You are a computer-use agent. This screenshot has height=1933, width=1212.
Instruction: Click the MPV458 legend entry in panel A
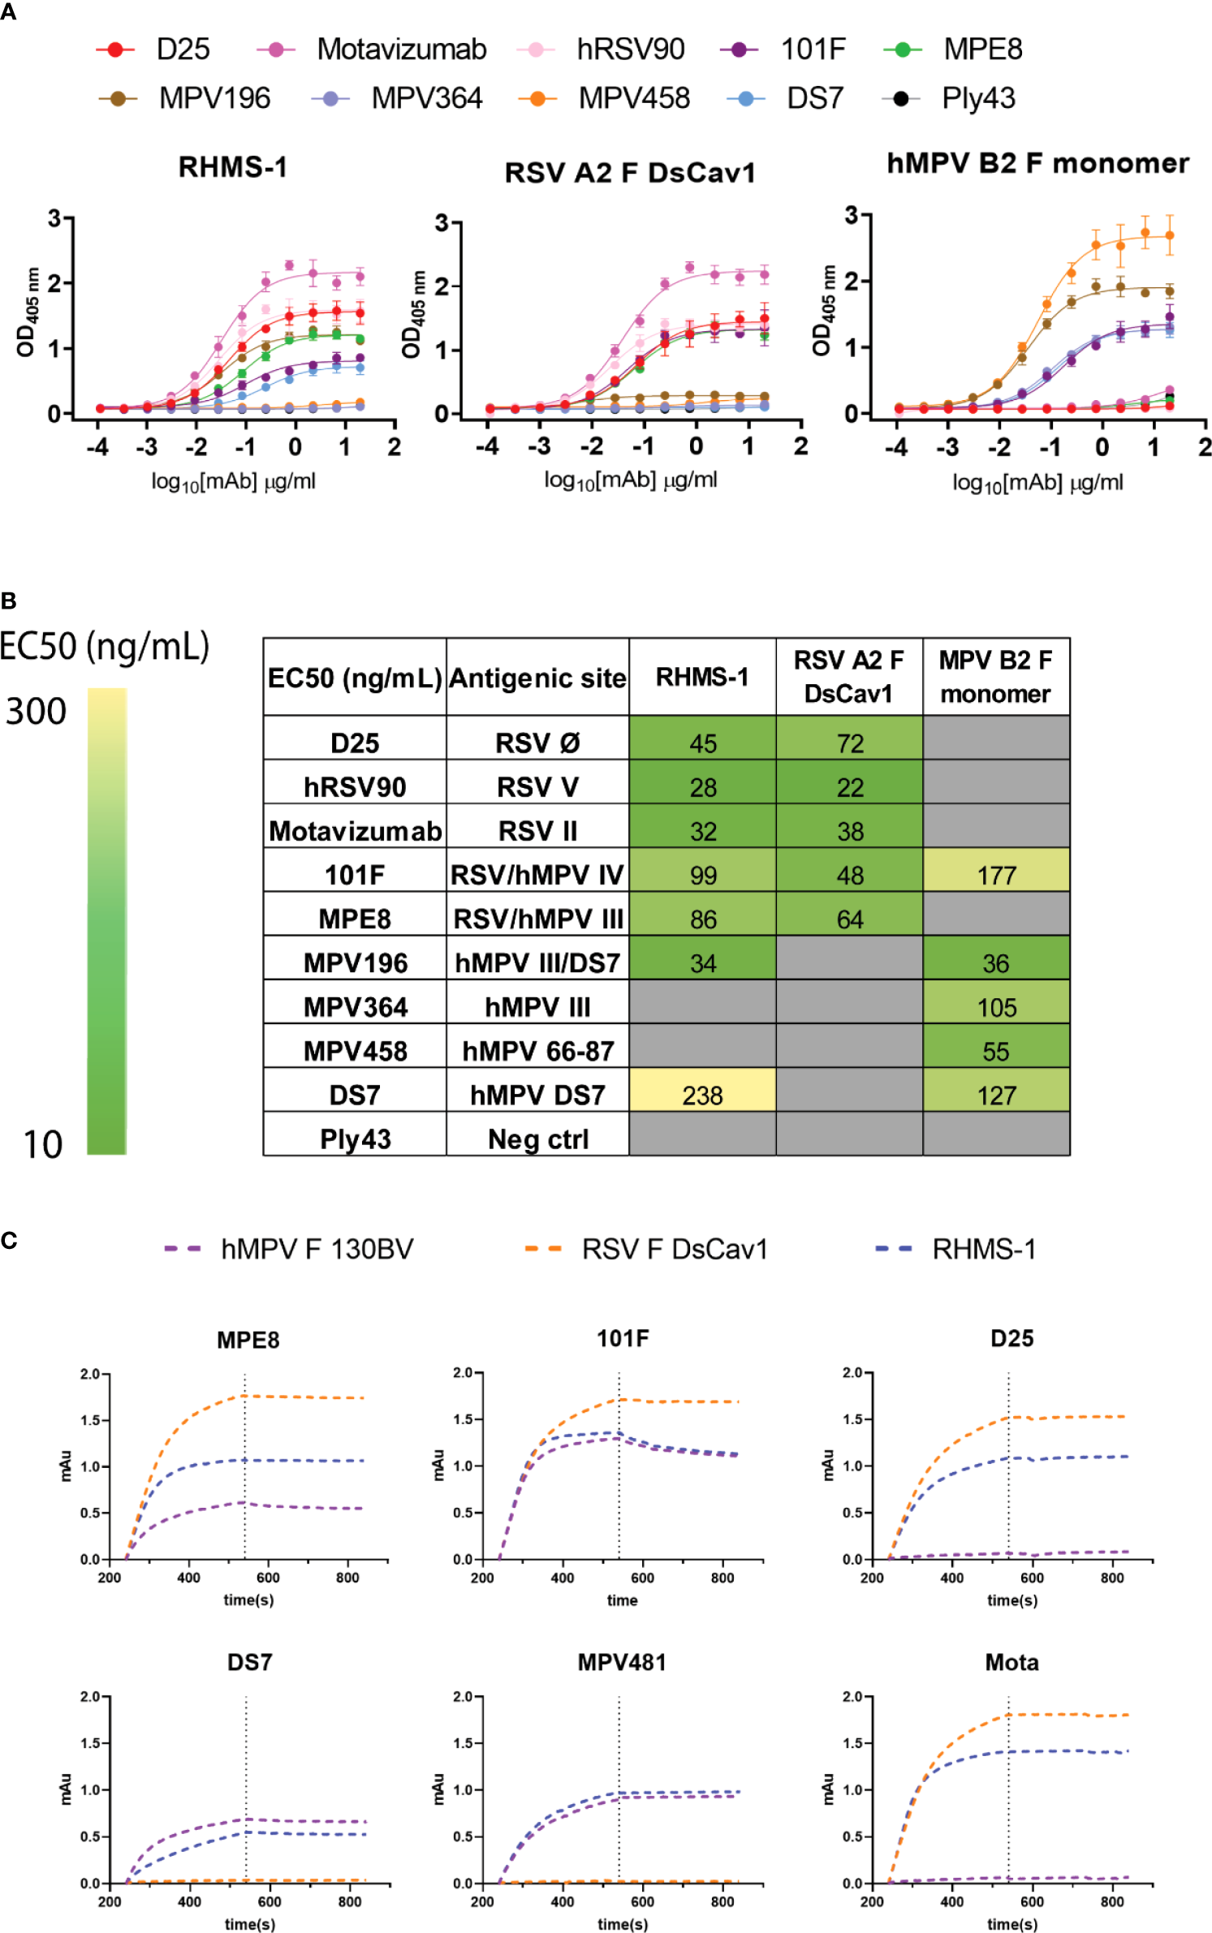point(633,98)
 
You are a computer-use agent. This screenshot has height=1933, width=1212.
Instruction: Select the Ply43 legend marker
point(899,98)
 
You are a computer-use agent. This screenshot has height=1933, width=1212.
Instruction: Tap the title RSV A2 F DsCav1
point(629,173)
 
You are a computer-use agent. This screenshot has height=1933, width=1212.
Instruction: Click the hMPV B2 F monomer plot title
point(1037,163)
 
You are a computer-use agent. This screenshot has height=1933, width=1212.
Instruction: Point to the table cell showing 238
point(702,1095)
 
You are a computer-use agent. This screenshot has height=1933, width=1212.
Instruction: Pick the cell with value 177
point(996,875)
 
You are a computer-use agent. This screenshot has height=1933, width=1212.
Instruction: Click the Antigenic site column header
point(537,678)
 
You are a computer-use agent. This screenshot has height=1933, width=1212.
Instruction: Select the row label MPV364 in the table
point(355,1007)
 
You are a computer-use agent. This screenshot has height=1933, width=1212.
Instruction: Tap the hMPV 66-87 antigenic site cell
point(537,1051)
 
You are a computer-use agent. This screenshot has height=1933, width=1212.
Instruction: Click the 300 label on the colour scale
point(36,712)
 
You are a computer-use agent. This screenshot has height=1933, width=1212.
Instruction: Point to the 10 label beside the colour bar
point(42,1144)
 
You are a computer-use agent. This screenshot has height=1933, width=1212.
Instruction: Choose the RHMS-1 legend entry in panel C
point(983,1249)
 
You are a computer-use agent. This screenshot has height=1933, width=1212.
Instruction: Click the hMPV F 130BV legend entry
point(316,1249)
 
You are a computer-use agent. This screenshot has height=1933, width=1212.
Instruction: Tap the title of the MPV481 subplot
point(622,1663)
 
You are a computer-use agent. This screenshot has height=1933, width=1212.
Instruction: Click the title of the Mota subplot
point(1011,1663)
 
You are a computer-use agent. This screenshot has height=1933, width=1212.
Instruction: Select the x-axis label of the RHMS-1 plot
point(233,481)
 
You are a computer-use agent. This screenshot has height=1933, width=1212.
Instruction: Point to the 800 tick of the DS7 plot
point(350,1901)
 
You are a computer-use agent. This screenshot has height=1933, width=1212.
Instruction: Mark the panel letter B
point(9,601)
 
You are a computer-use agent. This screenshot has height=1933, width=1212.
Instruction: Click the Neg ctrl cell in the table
point(537,1139)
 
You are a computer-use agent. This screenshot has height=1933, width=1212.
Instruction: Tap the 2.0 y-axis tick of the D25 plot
point(852,1372)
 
